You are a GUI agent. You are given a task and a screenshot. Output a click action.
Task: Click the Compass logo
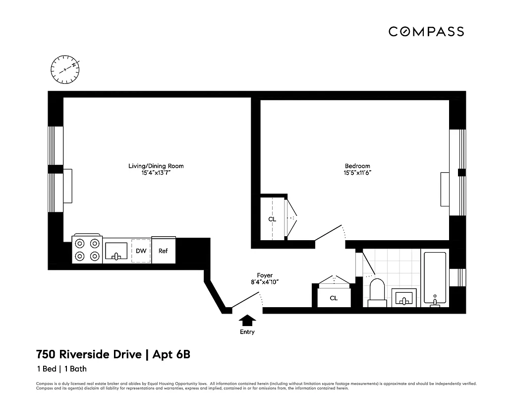tap(426, 32)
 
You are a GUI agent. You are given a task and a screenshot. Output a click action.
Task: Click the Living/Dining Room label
tap(156, 166)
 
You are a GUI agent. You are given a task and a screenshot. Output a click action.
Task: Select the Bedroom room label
tap(357, 166)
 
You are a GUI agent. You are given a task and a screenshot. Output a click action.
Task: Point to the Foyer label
tap(265, 275)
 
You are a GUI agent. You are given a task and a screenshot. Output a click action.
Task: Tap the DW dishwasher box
tap(141, 251)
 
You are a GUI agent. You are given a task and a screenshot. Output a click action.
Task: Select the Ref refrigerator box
tap(163, 251)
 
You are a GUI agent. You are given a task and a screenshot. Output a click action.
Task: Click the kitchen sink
tap(116, 252)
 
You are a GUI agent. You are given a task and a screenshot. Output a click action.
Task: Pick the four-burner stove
tap(87, 250)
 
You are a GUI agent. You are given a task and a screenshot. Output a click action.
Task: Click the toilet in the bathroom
tap(377, 293)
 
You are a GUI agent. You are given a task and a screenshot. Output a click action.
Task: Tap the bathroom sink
tap(404, 298)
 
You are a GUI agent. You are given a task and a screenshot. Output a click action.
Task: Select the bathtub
tap(435, 279)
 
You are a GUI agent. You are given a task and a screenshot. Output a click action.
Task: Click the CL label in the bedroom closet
tap(272, 219)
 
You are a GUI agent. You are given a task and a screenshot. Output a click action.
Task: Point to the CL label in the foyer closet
tap(334, 298)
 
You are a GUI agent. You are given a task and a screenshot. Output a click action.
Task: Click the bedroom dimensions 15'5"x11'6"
tap(357, 173)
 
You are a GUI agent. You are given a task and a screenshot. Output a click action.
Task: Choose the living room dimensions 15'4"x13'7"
tap(156, 173)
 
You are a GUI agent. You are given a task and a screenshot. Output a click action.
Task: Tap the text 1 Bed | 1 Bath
tap(61, 369)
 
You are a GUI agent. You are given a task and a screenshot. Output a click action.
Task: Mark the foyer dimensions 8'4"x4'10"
tap(265, 282)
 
